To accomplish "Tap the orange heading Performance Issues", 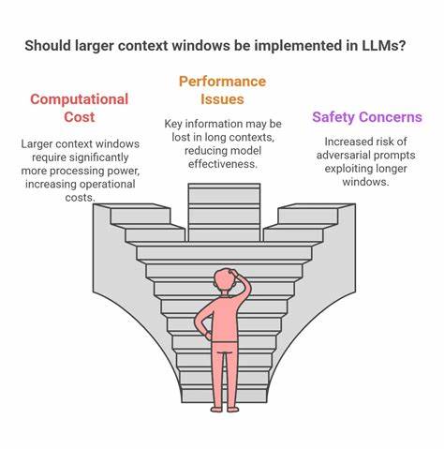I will click(221, 90).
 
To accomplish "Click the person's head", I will click(225, 282).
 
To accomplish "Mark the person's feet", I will click(225, 407).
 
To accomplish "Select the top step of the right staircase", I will click(308, 215).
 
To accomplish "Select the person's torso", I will click(225, 319).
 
